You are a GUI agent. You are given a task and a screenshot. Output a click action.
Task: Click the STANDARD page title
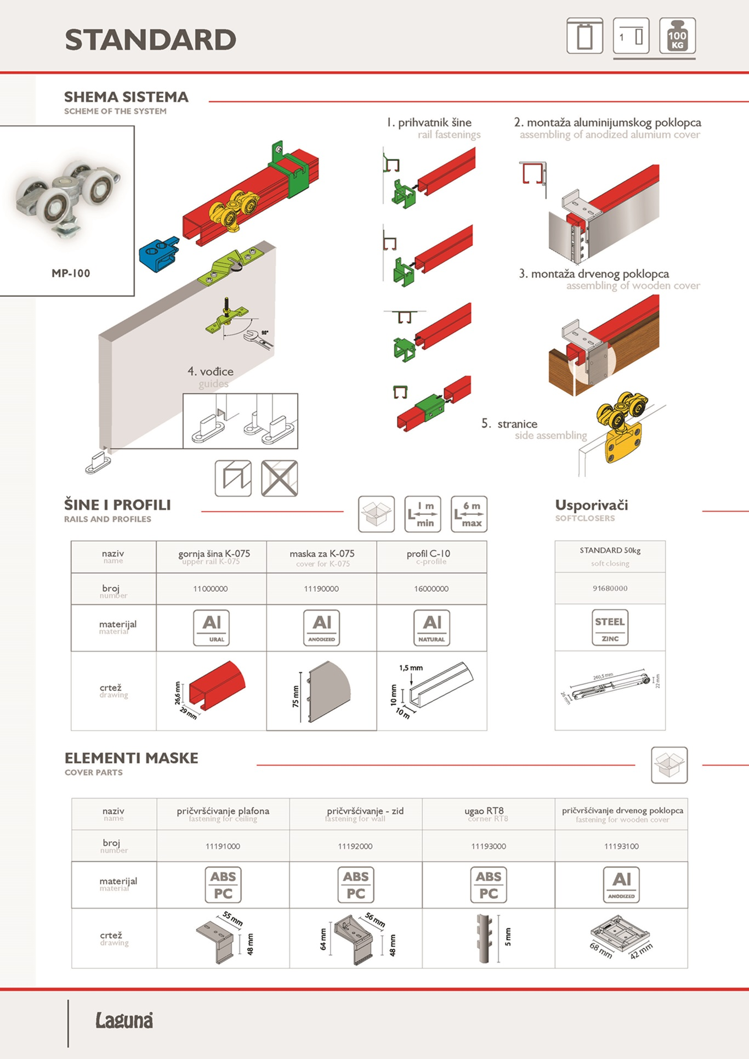pos(150,40)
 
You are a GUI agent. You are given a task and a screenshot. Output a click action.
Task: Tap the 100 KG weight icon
pos(677,36)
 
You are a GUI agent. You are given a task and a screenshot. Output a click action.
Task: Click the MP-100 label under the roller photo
pos(71,273)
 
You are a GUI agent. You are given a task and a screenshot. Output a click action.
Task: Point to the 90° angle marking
pos(265,333)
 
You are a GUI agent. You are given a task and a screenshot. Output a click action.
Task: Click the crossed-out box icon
pos(279,478)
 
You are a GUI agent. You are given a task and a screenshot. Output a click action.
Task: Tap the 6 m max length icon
pos(469,514)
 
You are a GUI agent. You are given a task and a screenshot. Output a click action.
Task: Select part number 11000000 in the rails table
pos(211,589)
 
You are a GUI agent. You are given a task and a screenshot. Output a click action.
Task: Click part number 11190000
pos(321,589)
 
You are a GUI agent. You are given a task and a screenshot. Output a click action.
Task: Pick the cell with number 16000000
pos(432,589)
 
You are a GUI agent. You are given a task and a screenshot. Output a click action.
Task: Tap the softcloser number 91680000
pos(610,588)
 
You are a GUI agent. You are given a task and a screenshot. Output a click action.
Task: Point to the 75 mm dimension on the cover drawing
pos(296,696)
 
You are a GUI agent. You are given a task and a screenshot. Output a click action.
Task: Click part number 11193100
pos(621,846)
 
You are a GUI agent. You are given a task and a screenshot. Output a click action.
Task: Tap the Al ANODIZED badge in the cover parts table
pos(621,884)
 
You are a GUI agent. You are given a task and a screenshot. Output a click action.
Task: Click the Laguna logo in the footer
pos(124,1020)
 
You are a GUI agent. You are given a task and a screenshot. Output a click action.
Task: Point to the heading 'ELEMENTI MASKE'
pos(132,758)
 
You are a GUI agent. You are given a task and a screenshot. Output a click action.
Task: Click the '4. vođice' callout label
pos(211,372)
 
